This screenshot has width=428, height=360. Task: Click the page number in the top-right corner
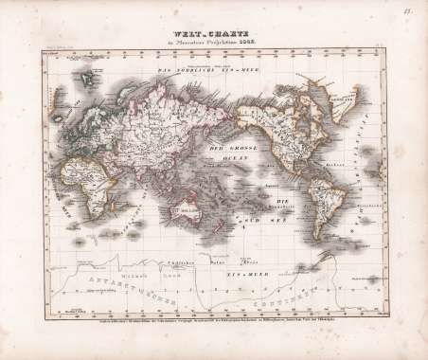416,12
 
